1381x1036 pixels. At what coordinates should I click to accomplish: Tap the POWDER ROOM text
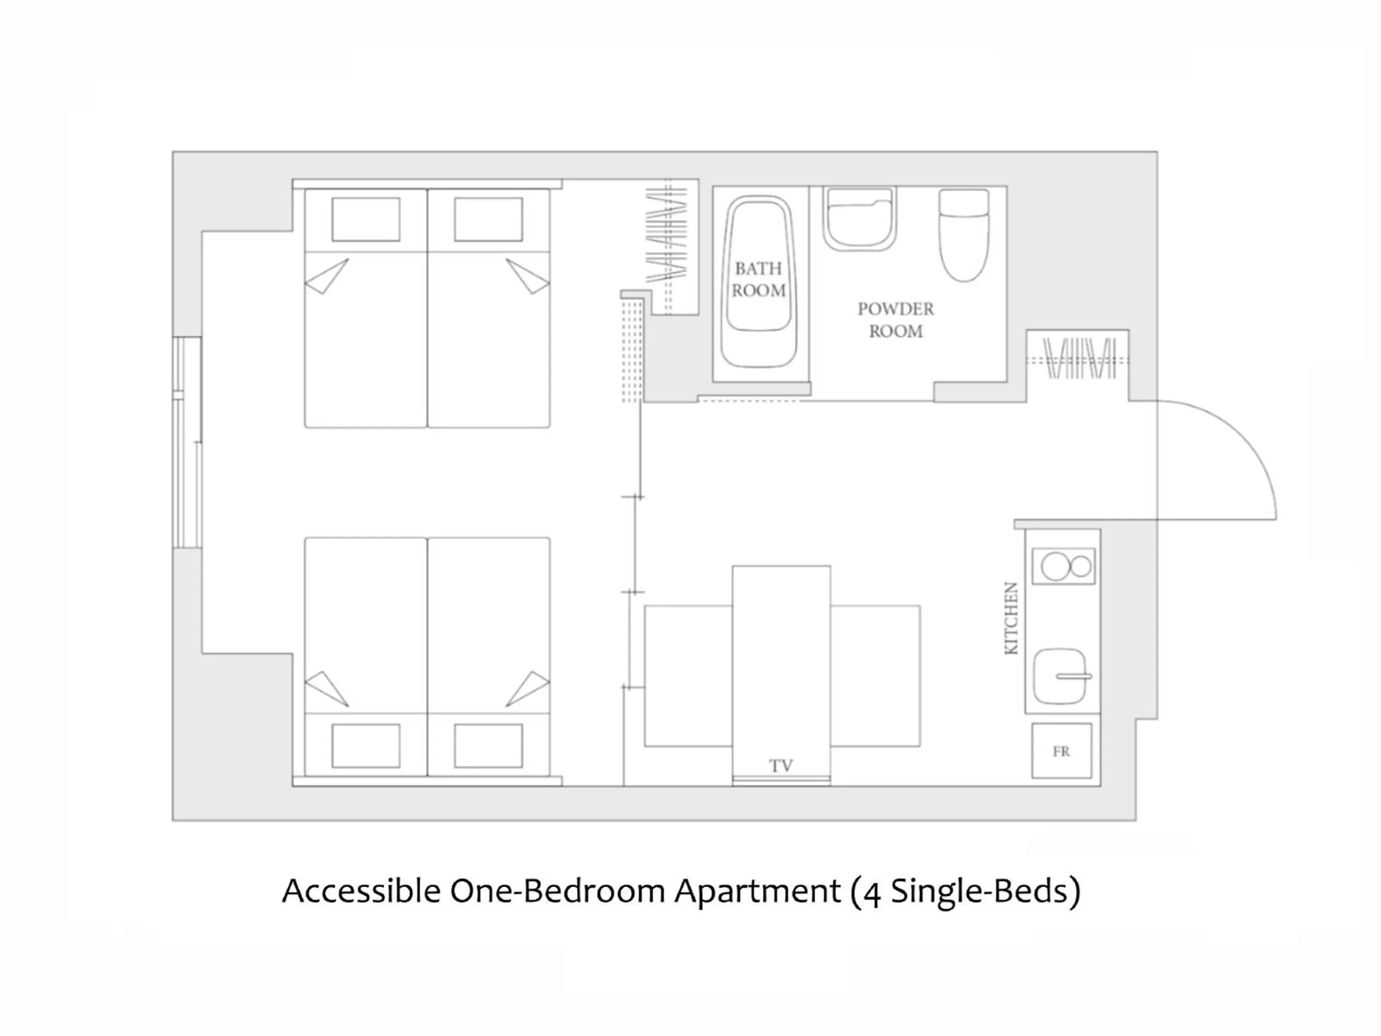coord(895,320)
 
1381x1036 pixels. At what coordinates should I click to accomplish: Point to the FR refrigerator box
coord(1062,751)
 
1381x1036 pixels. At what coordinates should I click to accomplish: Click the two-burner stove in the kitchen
coord(1063,566)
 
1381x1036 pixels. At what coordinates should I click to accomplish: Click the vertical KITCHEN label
coord(1011,618)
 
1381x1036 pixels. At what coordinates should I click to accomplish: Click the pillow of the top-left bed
coord(366,219)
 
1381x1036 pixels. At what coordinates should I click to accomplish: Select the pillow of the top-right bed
coord(488,219)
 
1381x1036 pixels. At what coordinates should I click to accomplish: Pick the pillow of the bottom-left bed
coord(366,745)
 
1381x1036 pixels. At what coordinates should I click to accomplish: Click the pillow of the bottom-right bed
coord(488,745)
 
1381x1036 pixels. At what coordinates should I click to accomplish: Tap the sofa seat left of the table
coord(688,675)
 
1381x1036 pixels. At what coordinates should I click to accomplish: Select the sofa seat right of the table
coord(875,675)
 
